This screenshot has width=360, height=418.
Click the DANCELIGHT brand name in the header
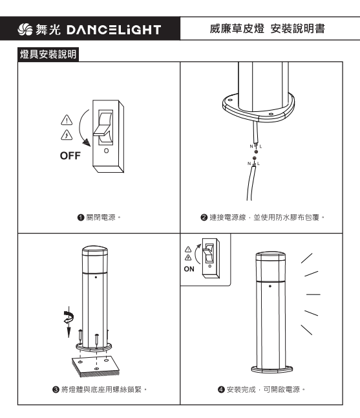(x=114, y=30)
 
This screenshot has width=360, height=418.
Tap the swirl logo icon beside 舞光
(x=25, y=29)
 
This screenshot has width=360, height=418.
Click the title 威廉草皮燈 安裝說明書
(x=268, y=28)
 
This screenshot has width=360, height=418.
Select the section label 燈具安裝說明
(x=48, y=54)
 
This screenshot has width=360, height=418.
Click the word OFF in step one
(x=70, y=156)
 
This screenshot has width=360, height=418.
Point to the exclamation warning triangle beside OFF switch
(x=67, y=120)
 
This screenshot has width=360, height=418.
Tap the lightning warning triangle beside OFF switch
(x=67, y=135)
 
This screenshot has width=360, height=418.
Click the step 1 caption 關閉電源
(x=99, y=217)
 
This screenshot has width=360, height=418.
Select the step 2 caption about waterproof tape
(x=262, y=217)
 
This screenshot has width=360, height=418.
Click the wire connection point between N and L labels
(x=255, y=155)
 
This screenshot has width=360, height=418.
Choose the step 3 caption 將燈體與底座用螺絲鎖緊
(x=100, y=390)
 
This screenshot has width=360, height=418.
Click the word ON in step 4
(x=189, y=269)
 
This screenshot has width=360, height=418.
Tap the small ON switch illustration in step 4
(x=211, y=258)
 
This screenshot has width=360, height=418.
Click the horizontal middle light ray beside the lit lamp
(x=313, y=294)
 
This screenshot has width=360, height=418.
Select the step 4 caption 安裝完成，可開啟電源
(x=261, y=390)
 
